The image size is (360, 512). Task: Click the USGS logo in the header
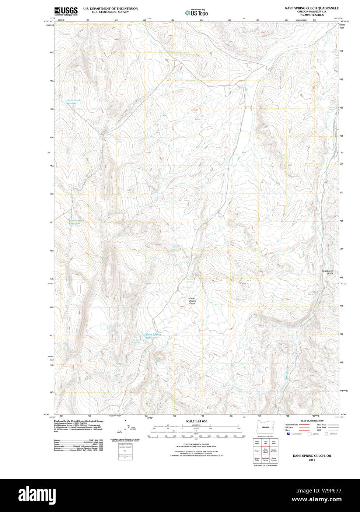click(66, 11)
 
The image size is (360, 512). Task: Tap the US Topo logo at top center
click(196, 13)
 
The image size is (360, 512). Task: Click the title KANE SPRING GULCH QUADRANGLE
click(311, 8)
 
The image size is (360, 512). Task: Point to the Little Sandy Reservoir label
click(73, 102)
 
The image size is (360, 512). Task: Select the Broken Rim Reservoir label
click(76, 222)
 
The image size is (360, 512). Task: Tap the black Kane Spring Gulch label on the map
click(192, 301)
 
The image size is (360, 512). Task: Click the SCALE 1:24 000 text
click(196, 421)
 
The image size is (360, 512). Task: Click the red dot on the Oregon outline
click(272, 428)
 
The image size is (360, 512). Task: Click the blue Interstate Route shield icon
click(289, 434)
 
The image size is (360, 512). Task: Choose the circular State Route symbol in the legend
click(326, 434)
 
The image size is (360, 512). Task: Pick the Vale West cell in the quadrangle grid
click(273, 442)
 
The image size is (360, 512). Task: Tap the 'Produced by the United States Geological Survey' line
click(78, 421)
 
